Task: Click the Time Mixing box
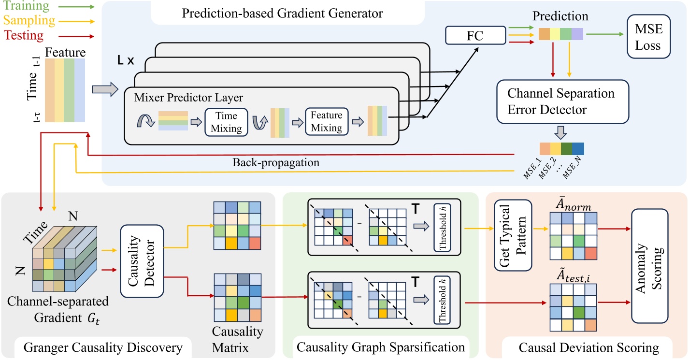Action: click(x=226, y=122)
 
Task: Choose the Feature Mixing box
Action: click(x=326, y=122)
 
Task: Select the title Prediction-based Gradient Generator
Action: click(x=283, y=13)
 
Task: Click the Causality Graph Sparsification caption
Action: click(x=381, y=347)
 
